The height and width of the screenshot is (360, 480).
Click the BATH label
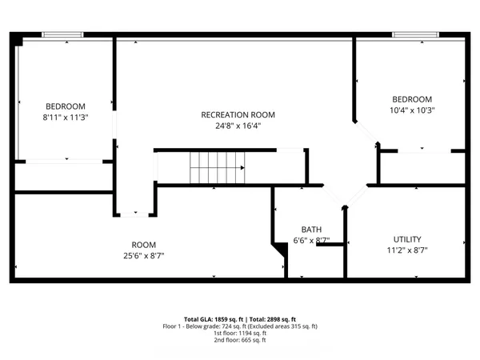point(311,229)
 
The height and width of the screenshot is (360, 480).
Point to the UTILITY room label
point(406,239)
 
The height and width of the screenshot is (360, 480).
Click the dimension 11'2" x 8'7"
point(406,250)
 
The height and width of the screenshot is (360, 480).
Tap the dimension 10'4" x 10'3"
point(412,110)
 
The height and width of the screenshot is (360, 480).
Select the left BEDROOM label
point(65,106)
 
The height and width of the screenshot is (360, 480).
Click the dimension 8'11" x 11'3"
point(65,118)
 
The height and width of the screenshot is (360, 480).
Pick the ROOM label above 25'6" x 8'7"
point(144,245)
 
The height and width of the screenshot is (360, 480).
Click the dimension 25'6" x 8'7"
point(144,256)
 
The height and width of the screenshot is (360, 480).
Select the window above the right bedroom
point(414,34)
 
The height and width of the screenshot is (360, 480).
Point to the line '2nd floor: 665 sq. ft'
point(240,340)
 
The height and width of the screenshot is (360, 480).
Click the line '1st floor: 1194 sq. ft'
point(240,334)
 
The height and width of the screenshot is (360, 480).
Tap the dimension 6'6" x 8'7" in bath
point(311,240)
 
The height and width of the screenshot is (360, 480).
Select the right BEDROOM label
point(412,99)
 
